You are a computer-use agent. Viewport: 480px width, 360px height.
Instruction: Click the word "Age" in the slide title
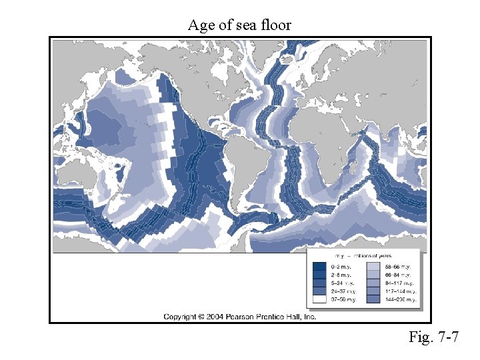tap(200, 25)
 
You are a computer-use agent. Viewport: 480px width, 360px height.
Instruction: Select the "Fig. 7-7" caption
tap(433, 337)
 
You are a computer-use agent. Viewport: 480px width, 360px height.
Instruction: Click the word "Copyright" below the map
tap(180, 316)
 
